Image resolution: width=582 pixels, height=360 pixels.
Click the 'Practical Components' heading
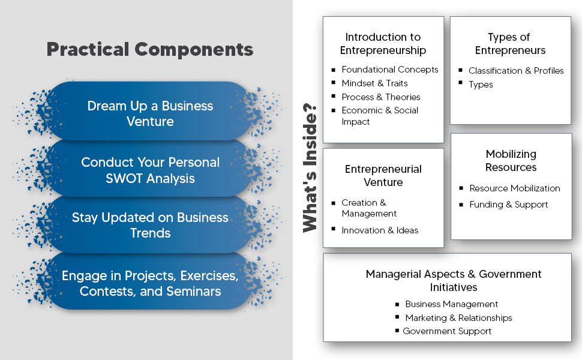(149, 49)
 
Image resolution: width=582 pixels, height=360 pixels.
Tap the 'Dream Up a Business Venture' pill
(150, 113)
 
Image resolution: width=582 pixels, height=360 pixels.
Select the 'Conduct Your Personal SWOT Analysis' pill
(150, 170)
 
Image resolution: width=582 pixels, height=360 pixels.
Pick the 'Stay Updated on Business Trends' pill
(150, 225)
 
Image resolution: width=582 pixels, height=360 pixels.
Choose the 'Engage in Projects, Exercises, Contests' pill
(150, 283)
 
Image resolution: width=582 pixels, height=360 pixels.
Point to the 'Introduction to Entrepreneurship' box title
(383, 44)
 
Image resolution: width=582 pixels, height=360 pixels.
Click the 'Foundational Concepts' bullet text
(390, 70)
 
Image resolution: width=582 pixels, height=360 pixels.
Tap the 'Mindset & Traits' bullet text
(374, 83)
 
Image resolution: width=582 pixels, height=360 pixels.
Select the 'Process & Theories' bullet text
(381, 97)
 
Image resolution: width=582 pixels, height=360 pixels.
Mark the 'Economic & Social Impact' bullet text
(380, 116)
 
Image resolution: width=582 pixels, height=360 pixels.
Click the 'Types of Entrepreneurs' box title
(510, 44)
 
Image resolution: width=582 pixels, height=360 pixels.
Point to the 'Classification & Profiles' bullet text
(516, 71)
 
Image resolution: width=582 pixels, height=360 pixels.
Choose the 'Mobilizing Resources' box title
(511, 161)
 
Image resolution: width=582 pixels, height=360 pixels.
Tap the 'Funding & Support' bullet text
(509, 205)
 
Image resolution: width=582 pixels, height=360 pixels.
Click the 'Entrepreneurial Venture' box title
(383, 175)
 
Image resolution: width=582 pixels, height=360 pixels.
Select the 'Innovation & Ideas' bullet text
(380, 230)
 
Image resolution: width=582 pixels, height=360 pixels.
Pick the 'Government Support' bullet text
(447, 331)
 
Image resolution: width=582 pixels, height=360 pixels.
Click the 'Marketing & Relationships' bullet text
(458, 318)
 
